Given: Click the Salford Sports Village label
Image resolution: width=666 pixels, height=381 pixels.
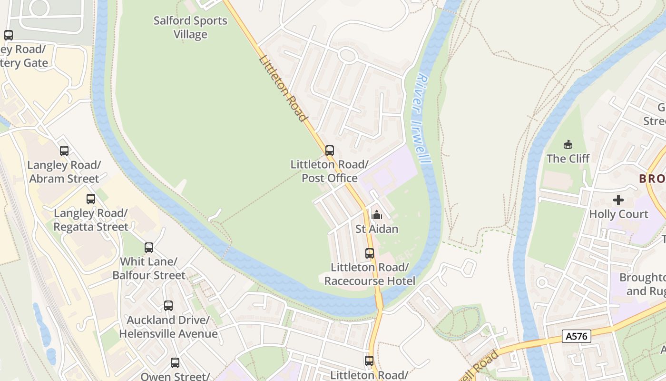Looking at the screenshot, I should (x=190, y=28).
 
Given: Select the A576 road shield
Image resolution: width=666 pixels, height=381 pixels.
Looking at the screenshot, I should (x=577, y=336).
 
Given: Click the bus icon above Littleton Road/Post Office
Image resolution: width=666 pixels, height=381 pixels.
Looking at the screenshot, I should (x=329, y=150).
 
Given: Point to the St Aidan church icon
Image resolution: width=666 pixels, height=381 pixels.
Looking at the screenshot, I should (x=376, y=215).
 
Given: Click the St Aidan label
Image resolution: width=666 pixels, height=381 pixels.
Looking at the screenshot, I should (x=377, y=229).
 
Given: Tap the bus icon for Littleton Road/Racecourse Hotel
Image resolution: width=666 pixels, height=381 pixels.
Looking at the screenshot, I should (x=370, y=253).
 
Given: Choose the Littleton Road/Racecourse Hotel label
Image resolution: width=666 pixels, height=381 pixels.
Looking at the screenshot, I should (x=370, y=274).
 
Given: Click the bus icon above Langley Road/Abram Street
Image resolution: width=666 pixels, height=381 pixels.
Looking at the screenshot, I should (x=64, y=151).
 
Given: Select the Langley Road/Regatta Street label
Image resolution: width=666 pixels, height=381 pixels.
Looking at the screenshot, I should (x=90, y=220).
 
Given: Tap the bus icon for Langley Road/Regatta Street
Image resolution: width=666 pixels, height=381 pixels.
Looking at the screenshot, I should (x=90, y=199).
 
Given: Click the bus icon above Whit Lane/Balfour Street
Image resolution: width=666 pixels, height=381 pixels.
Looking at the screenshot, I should (x=149, y=248).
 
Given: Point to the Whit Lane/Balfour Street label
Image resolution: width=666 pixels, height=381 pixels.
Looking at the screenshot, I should (x=149, y=269).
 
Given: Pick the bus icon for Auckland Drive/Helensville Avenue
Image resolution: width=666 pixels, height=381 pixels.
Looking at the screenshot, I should (x=168, y=306).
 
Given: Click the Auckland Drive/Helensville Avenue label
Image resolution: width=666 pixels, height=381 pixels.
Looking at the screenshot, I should (x=168, y=327).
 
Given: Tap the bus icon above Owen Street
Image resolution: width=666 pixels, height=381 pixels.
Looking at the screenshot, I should (x=175, y=363).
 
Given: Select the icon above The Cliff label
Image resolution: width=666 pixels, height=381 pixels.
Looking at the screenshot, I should (x=568, y=144).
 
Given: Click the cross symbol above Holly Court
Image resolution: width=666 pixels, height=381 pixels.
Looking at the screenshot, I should (x=618, y=200).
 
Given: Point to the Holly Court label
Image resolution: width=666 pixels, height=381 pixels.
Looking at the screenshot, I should (x=618, y=214).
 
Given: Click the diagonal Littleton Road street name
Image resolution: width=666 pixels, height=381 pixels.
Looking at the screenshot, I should (x=283, y=88).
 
